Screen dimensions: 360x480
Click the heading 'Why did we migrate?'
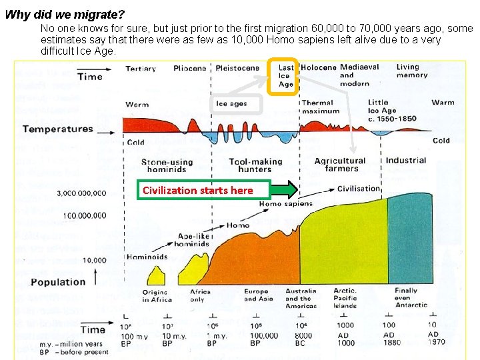coord(65,13)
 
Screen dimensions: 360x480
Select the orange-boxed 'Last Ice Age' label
coord(285,76)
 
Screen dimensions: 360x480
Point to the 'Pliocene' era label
coord(190,68)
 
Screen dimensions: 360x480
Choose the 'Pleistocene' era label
coord(237,68)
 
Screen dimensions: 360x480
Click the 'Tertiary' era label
coord(141,68)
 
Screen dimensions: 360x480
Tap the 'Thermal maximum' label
coord(317,107)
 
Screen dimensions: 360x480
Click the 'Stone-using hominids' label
coord(167,165)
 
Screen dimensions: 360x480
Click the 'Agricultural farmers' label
coord(340,165)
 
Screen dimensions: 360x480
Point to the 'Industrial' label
coord(405,160)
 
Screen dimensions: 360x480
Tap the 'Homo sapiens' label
coord(285,203)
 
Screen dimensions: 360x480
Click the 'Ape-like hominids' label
coord(193,240)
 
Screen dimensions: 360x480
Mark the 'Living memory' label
coord(412,71)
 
